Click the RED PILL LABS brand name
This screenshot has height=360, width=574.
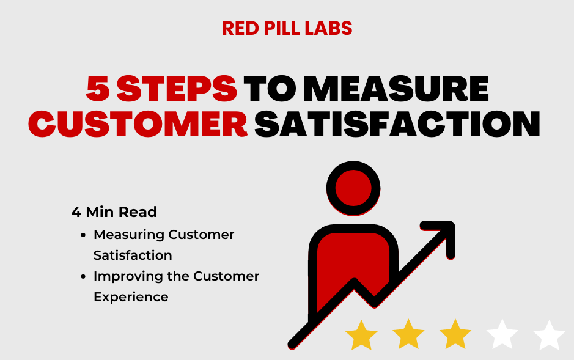pyautogui.click(x=287, y=28)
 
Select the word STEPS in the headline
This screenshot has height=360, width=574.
pyautogui.click(x=177, y=89)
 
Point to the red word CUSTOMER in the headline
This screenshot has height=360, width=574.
pyautogui.click(x=138, y=124)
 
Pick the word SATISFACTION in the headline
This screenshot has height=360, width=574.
pyautogui.click(x=397, y=124)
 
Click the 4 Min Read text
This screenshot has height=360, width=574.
pyautogui.click(x=114, y=212)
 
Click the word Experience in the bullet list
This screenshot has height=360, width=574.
pyautogui.click(x=131, y=297)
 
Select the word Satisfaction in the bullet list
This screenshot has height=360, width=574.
pyautogui.click(x=133, y=255)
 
